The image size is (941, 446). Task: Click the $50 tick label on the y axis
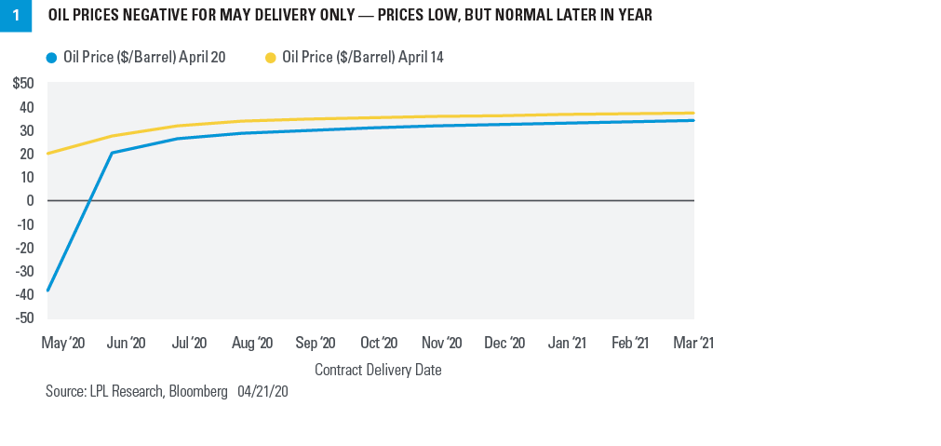(23, 84)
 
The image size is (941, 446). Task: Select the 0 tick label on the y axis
(31, 200)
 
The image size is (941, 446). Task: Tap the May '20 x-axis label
(63, 344)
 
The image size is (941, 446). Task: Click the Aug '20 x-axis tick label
(252, 344)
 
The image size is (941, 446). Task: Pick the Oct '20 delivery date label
(379, 344)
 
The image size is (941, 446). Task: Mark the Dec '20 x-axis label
(504, 344)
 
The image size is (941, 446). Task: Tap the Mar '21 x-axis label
(692, 344)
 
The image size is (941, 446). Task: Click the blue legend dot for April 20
(51, 58)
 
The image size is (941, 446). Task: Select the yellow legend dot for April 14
(271, 58)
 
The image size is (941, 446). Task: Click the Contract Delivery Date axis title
(378, 370)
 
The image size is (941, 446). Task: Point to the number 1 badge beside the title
(15, 16)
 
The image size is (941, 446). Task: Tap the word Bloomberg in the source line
(197, 392)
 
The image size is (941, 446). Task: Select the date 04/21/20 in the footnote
(262, 392)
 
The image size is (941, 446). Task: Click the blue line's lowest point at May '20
(47, 291)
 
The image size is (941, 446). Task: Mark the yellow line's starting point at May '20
(47, 154)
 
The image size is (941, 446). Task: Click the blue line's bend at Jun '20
(112, 153)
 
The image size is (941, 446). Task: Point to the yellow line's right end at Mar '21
(693, 114)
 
